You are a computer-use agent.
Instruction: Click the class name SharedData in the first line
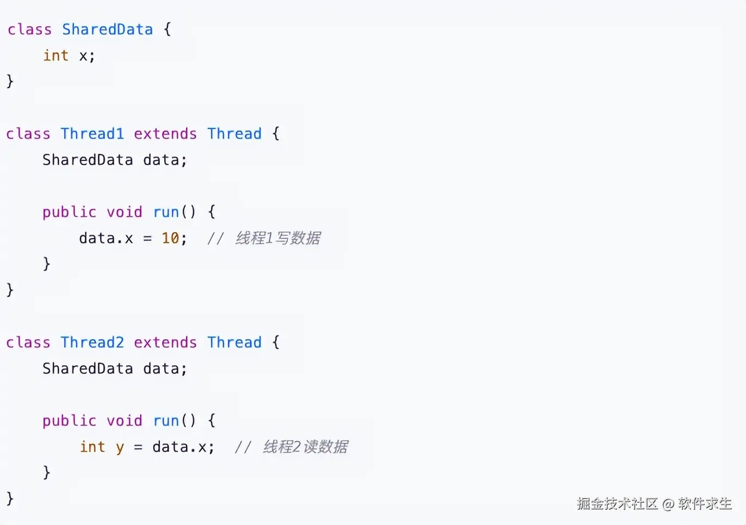pyautogui.click(x=107, y=29)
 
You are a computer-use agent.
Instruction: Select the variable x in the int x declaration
pyautogui.click(x=83, y=56)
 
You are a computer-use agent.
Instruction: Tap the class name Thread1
pyautogui.click(x=92, y=134)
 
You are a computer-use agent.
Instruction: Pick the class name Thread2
pyautogui.click(x=92, y=342)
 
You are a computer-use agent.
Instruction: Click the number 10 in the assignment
pyautogui.click(x=170, y=238)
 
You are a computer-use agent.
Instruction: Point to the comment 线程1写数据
pyautogui.click(x=277, y=238)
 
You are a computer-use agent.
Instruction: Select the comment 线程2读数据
pyautogui.click(x=305, y=447)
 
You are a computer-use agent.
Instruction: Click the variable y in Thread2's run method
pyautogui.click(x=120, y=448)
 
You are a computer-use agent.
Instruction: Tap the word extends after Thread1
pyautogui.click(x=165, y=134)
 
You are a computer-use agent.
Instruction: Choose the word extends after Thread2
pyautogui.click(x=165, y=342)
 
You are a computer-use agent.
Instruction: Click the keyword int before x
pyautogui.click(x=56, y=55)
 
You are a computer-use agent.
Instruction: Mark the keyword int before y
pyautogui.click(x=92, y=447)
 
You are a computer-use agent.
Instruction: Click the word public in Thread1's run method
pyautogui.click(x=69, y=212)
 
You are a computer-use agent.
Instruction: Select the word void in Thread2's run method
pyautogui.click(x=124, y=421)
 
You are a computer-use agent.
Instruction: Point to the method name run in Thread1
pyautogui.click(x=166, y=212)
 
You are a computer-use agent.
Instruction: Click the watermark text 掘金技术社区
pyautogui.click(x=617, y=504)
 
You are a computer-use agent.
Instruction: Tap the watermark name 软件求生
pyautogui.click(x=705, y=504)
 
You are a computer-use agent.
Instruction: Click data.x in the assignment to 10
pyautogui.click(x=106, y=238)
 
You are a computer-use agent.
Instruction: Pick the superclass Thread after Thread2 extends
pyautogui.click(x=234, y=342)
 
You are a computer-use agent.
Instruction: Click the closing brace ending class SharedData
pyautogui.click(x=10, y=82)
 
